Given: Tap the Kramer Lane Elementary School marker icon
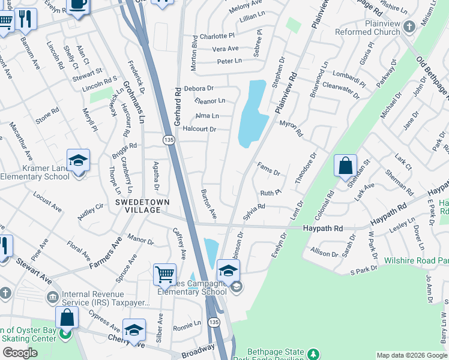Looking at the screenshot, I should click(78, 160).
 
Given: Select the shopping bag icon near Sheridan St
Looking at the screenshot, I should click(345, 166).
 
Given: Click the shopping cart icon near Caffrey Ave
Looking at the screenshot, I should click(164, 275).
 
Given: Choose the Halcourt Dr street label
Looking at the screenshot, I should click(199, 129).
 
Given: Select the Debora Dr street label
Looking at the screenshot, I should click(199, 88).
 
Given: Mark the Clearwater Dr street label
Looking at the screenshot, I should click(340, 87).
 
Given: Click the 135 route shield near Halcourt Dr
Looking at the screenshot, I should click(169, 139).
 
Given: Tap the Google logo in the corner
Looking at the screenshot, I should click(20, 353).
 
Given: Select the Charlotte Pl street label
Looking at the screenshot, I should click(217, 36).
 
